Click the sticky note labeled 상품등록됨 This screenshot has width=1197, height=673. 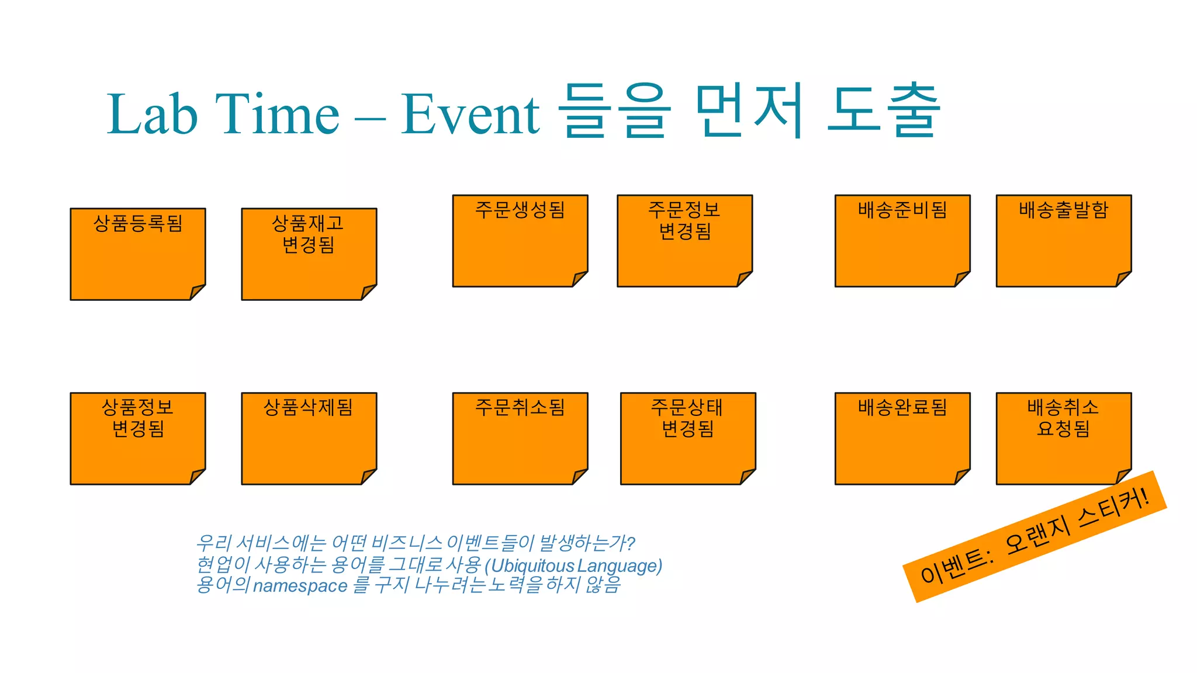[137, 254]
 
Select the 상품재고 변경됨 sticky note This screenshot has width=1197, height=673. [309, 254]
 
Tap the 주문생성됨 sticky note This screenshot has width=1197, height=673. [520, 241]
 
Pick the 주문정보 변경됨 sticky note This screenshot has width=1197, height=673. [684, 241]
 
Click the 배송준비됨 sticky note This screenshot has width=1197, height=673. [902, 241]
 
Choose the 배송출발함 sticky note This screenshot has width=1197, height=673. [1063, 241]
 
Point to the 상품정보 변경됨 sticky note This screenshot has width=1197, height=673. [137, 438]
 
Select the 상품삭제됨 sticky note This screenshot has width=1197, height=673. [309, 438]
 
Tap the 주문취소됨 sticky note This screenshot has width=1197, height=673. [520, 438]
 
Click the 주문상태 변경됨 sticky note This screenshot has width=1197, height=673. [687, 438]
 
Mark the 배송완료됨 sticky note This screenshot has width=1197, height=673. [902, 438]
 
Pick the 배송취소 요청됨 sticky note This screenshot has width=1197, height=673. [1063, 438]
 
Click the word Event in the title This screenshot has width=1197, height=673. [470, 114]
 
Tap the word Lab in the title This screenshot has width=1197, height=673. [152, 114]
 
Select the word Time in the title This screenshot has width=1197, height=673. [277, 114]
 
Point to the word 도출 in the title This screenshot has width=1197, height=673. [884, 111]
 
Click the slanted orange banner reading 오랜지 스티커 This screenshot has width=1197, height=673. [1035, 536]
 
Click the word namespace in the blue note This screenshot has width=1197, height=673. [300, 586]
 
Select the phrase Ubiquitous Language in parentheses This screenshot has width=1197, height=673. [576, 566]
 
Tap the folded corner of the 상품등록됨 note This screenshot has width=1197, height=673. [198, 292]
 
